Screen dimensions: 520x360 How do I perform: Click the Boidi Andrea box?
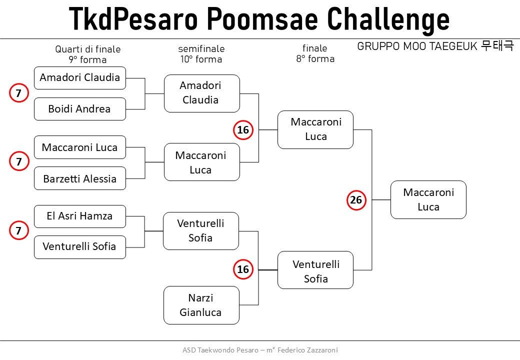pos(80,108)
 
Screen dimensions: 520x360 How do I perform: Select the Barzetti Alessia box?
pos(80,178)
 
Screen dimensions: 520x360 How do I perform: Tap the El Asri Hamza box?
pos(80,216)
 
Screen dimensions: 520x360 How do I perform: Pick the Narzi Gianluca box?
pos(201,305)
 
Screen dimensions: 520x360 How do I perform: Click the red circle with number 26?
pos(356,200)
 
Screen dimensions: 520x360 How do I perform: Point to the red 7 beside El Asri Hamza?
pos(19,230)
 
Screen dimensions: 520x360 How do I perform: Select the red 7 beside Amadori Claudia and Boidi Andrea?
pos(19,93)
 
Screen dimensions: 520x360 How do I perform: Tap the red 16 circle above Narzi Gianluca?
pos(243,269)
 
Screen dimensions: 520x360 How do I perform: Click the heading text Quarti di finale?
pos(88,49)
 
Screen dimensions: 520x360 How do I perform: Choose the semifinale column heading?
pos(201,49)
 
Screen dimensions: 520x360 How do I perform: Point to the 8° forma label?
pos(315,59)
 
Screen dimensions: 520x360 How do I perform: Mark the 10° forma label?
pos(201,59)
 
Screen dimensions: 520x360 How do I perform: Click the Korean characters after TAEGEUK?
pos(497,45)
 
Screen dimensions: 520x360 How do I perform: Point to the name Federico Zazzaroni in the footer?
pos(307,350)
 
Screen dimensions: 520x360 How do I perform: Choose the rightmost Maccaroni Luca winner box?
pos(428,199)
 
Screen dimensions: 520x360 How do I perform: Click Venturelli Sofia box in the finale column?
pos(315,270)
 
